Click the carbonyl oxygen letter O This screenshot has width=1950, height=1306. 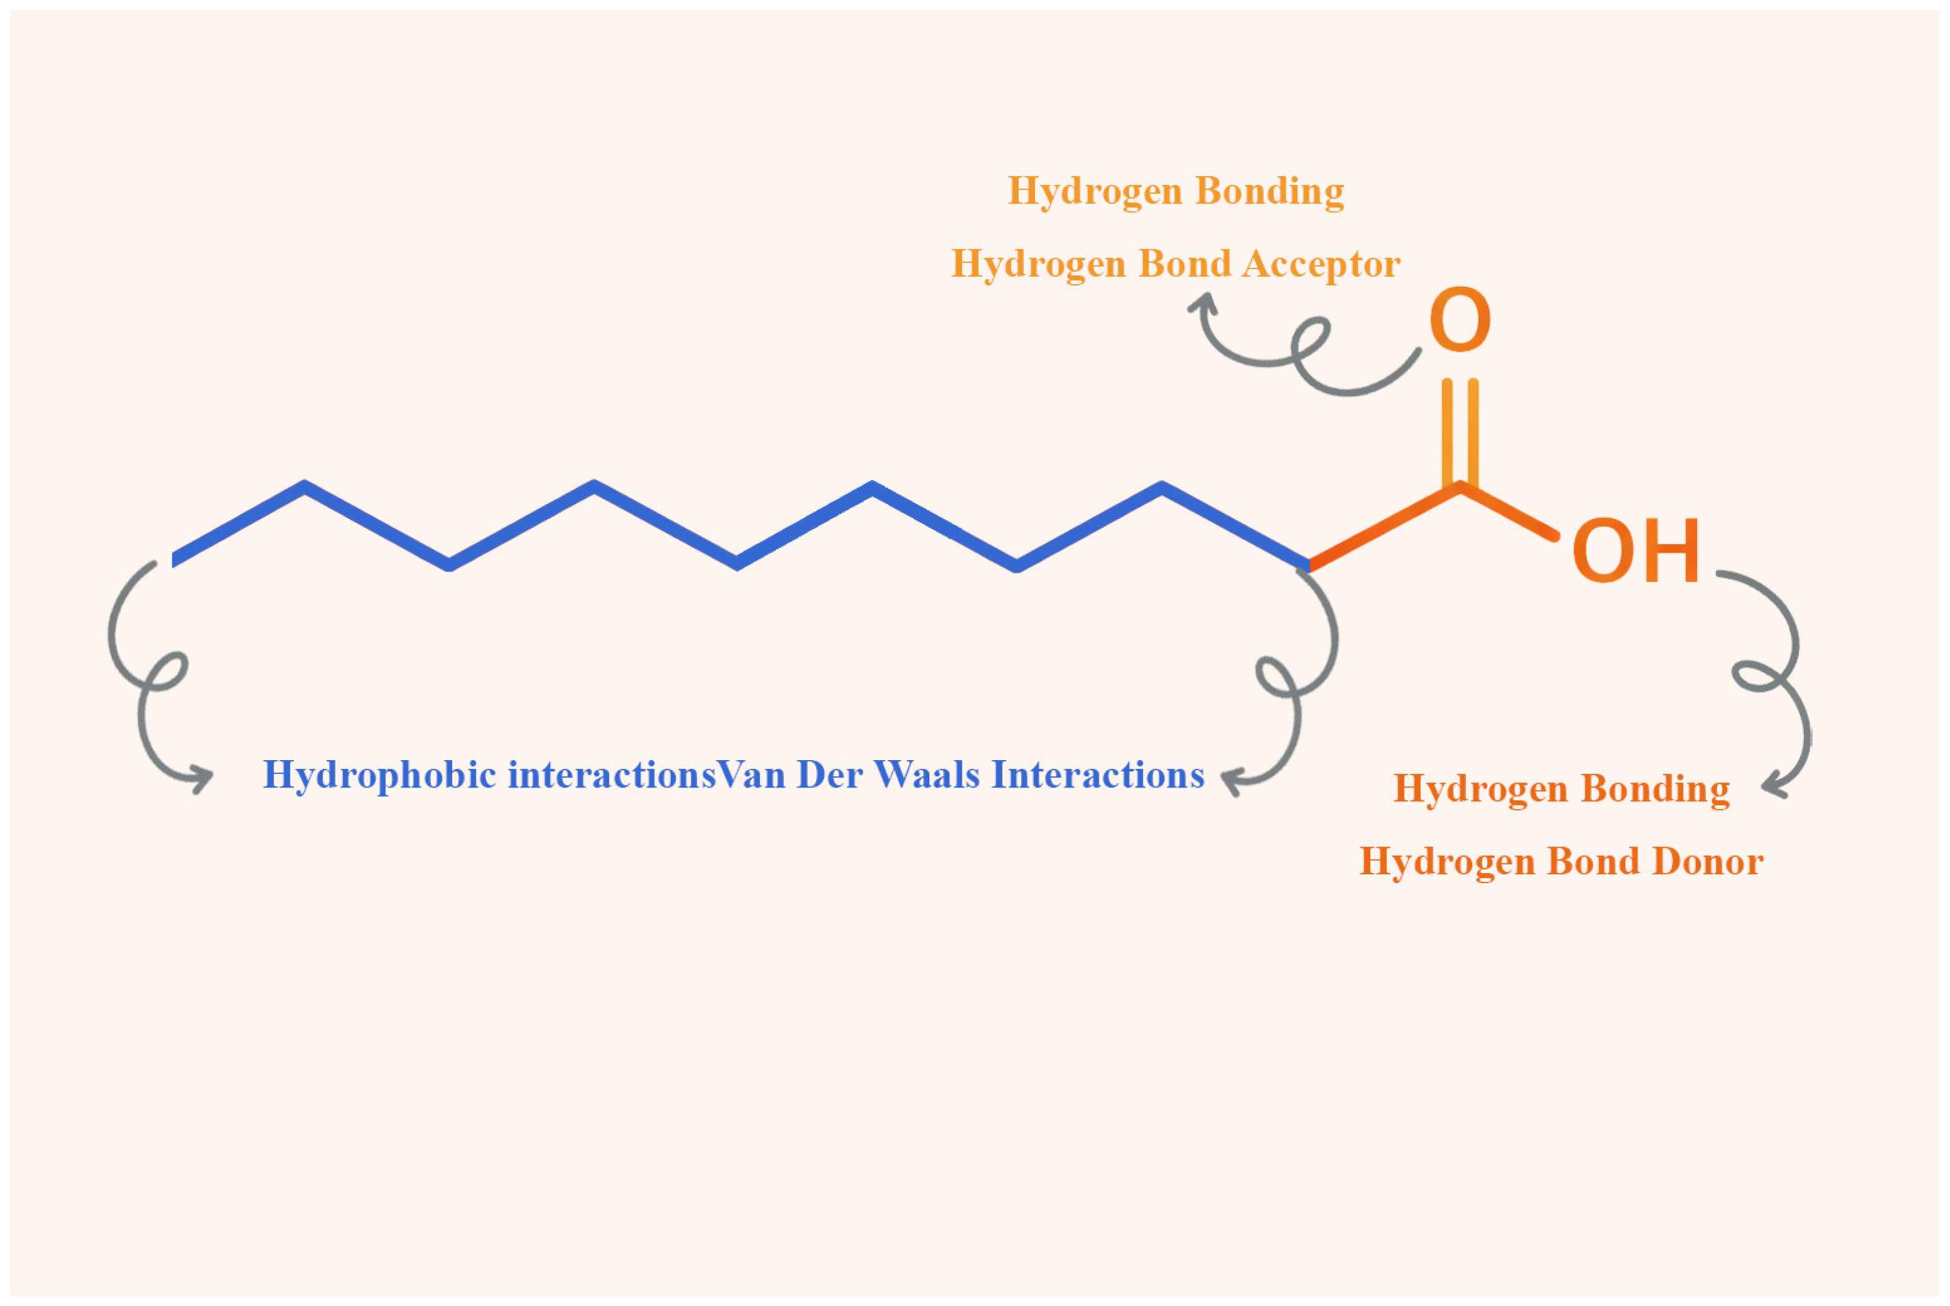tap(1459, 320)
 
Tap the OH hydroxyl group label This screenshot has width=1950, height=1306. tap(1635, 552)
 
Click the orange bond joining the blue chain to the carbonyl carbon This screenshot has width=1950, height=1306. tap(1383, 527)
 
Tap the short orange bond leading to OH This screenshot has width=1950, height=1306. tap(1508, 512)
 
